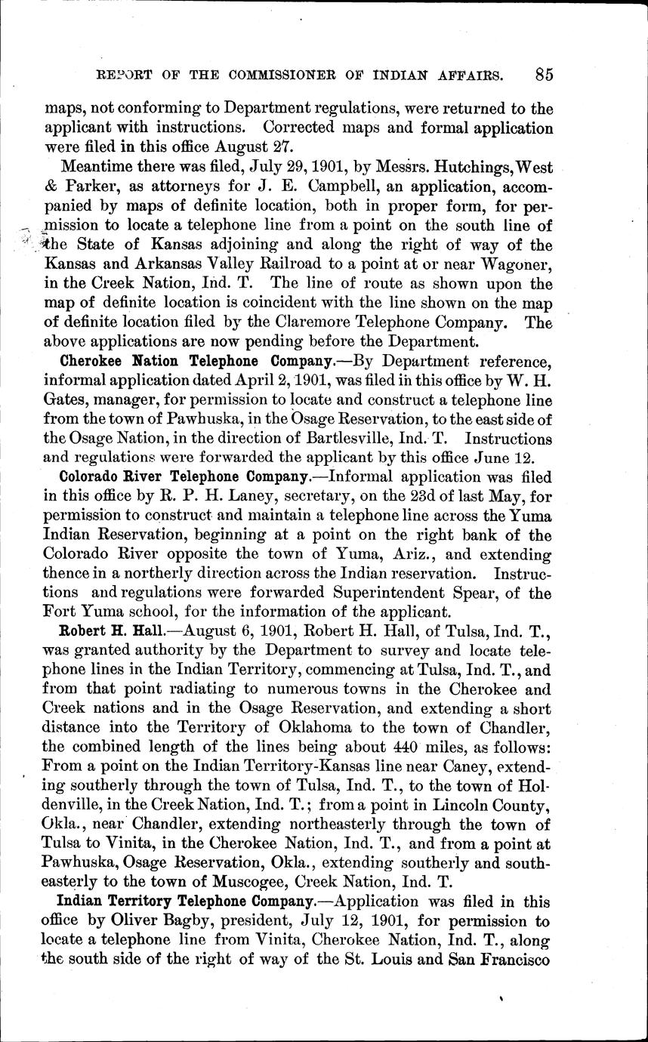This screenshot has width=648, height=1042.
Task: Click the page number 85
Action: coord(543,74)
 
